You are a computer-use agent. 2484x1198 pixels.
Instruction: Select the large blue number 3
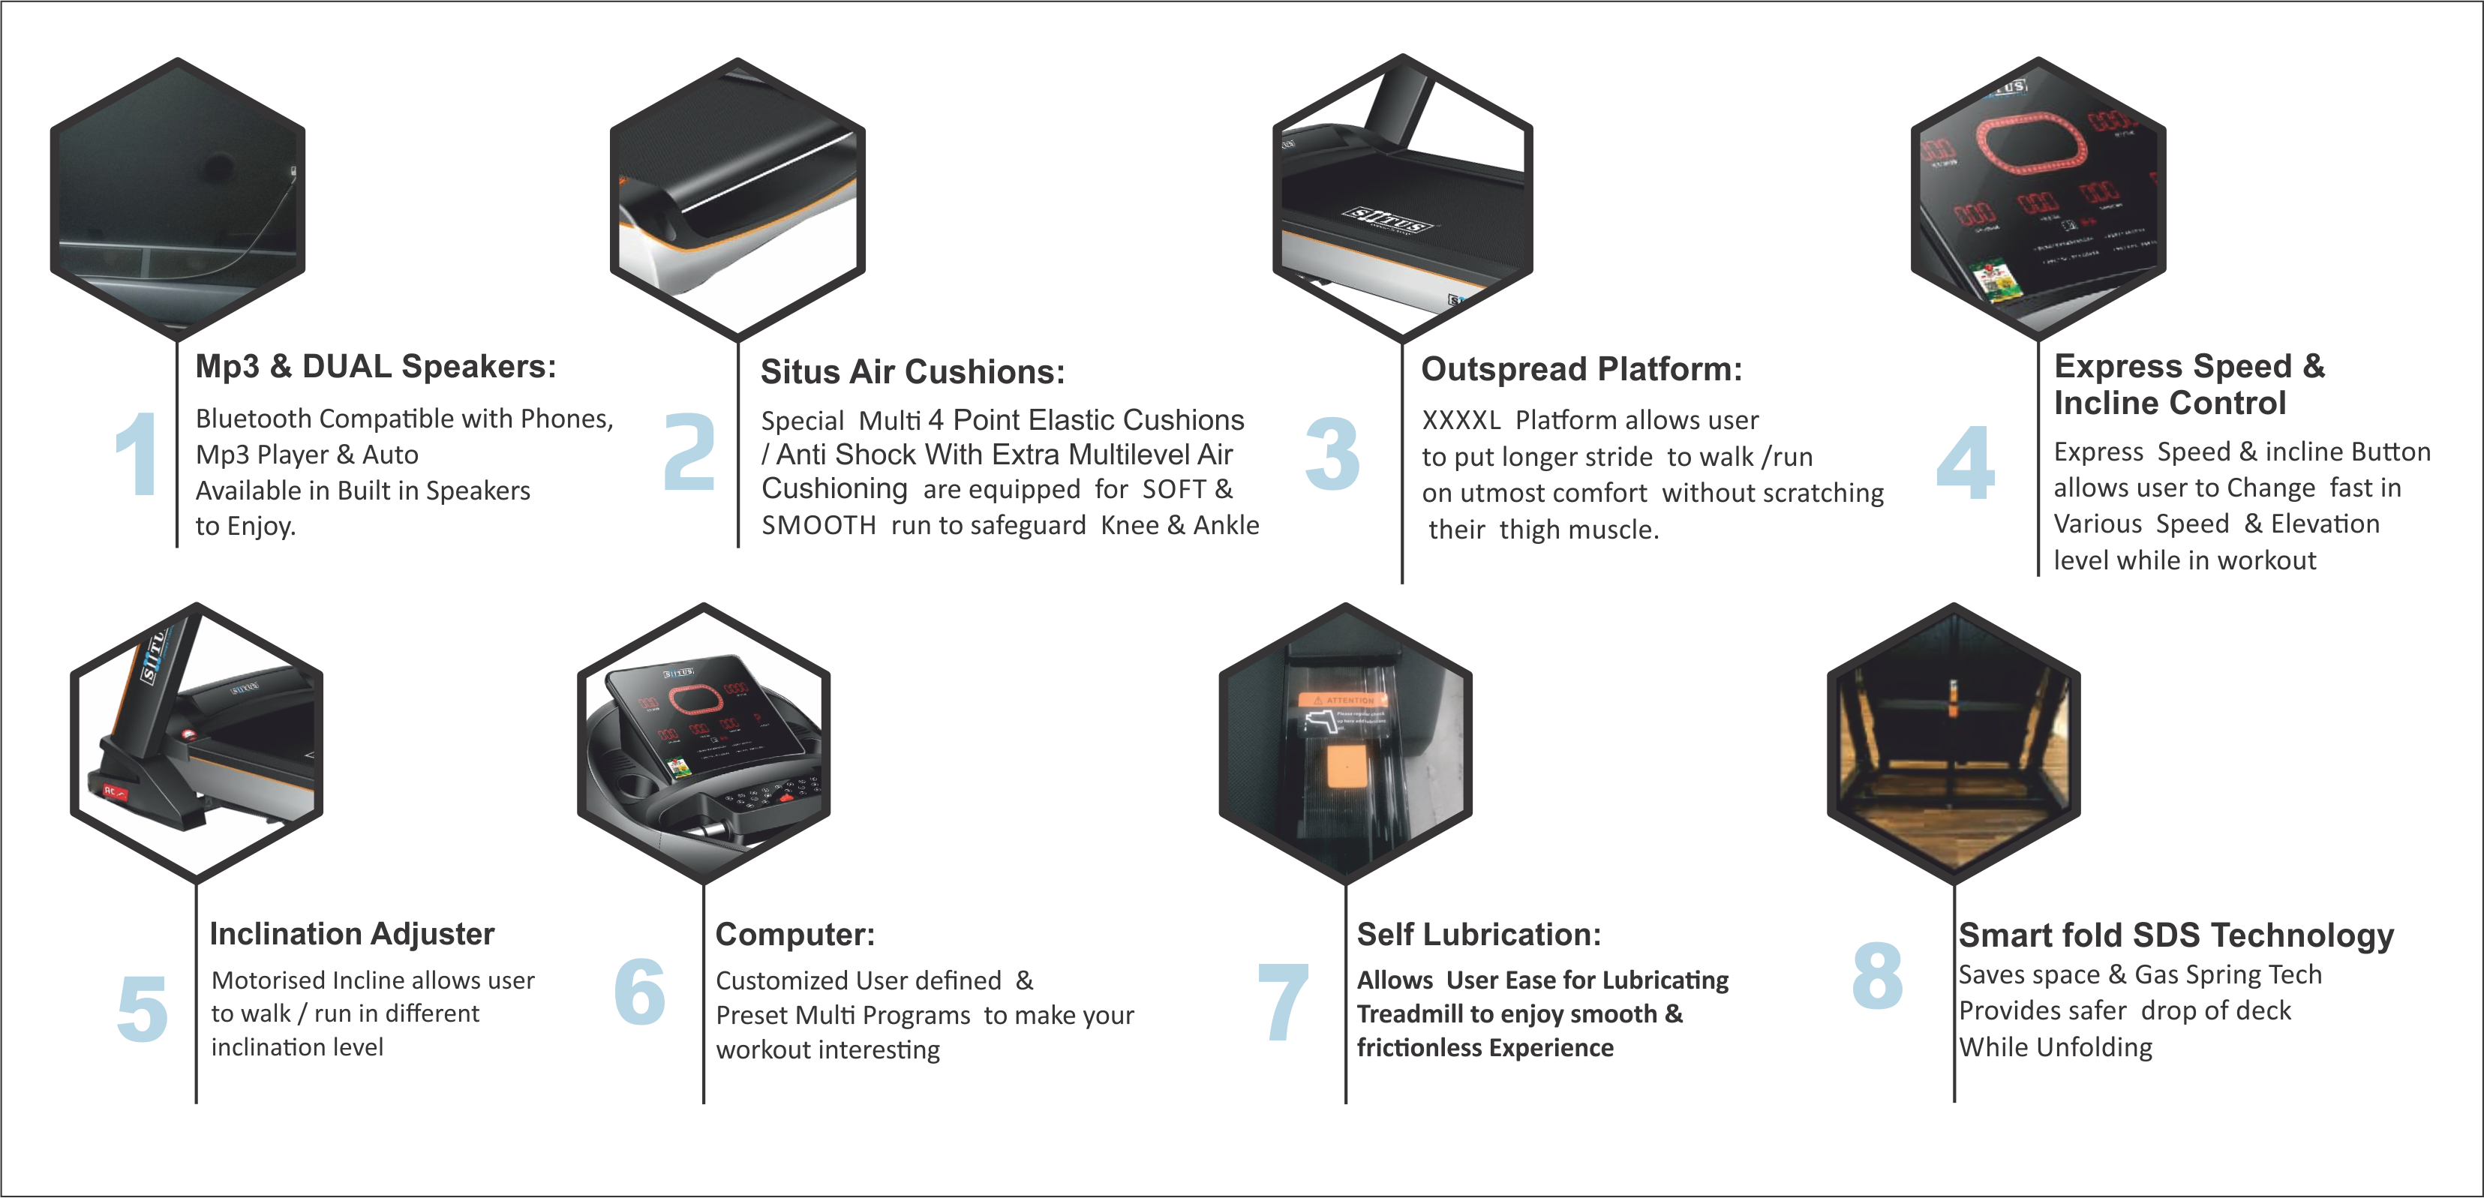coord(1332,453)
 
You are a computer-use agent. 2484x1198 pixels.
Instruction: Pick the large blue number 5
coord(143,1009)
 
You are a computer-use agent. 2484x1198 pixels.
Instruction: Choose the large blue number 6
coord(639,991)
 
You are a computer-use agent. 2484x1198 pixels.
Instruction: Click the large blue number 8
coord(1878,975)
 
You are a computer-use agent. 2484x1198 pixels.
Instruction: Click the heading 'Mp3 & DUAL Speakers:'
coord(376,367)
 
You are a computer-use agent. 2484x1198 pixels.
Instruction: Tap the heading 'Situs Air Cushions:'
coord(912,371)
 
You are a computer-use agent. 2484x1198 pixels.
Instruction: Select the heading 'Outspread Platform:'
coord(1581,368)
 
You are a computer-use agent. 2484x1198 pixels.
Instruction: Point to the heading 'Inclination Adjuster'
coord(352,934)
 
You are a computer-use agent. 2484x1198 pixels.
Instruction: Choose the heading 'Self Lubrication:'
coord(1478,934)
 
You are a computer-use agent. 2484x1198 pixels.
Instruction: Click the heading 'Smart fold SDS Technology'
coord(2176,935)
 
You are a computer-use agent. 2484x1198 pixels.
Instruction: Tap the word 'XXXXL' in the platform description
coord(1461,421)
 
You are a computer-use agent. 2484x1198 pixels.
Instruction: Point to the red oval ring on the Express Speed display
coord(2031,145)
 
